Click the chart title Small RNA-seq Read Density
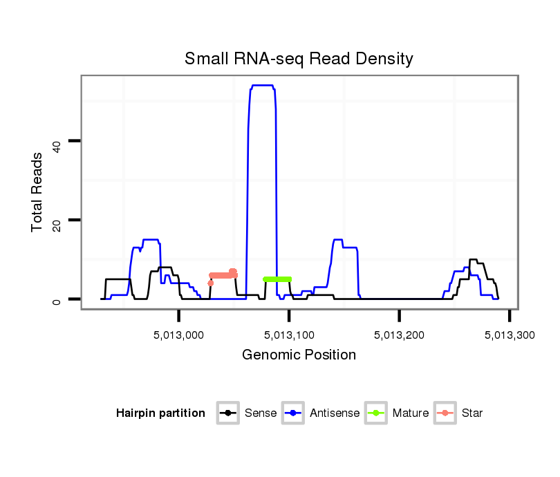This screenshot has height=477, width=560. point(299,59)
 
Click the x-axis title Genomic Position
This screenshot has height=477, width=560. point(299,355)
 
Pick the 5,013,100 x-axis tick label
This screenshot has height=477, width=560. point(290,335)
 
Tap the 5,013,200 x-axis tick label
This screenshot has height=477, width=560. point(400,335)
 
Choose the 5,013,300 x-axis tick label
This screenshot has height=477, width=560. point(509,335)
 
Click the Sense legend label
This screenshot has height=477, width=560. point(261,413)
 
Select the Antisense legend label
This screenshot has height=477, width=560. point(335,413)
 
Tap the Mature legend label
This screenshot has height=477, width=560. point(411,413)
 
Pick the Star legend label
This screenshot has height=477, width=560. point(472,413)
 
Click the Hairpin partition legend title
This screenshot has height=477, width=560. point(161,413)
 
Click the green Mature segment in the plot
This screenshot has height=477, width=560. point(277,279)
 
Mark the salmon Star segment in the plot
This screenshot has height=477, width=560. point(223,275)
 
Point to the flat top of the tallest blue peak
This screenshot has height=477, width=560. point(263,86)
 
